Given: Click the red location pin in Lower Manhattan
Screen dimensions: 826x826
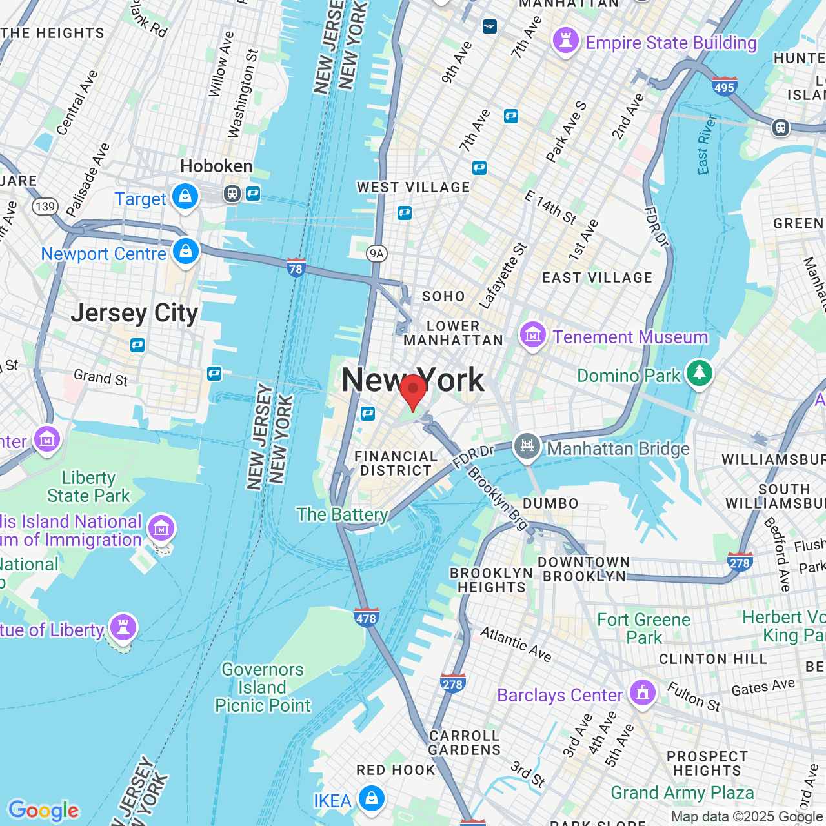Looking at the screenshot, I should [413, 390].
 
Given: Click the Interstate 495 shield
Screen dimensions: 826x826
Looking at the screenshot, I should [724, 86].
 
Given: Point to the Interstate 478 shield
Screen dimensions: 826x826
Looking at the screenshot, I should [366, 618].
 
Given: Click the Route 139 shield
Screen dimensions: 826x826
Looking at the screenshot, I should [45, 206].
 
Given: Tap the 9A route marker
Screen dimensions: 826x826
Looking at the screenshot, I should [377, 254].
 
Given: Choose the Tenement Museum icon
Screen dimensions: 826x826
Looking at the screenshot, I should [533, 335].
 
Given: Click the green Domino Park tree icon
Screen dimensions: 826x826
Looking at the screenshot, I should [699, 373].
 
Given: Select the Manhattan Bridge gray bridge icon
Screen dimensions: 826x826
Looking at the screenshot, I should [527, 446].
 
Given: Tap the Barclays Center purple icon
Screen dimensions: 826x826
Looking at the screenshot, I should [642, 693].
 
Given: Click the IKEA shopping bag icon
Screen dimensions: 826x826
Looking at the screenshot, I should [371, 798].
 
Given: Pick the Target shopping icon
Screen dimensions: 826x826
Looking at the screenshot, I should [185, 197].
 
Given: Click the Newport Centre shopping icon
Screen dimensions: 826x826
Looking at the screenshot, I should [186, 251].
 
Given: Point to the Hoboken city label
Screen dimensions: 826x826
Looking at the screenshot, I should [216, 166].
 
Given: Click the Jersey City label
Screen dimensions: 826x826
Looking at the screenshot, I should [134, 313].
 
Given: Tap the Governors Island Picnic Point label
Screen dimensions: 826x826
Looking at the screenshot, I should [263, 688].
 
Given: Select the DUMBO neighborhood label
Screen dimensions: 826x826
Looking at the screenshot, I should [550, 503].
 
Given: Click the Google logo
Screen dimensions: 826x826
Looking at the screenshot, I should [43, 811].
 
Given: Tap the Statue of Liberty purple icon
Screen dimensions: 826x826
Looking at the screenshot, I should [123, 627].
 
